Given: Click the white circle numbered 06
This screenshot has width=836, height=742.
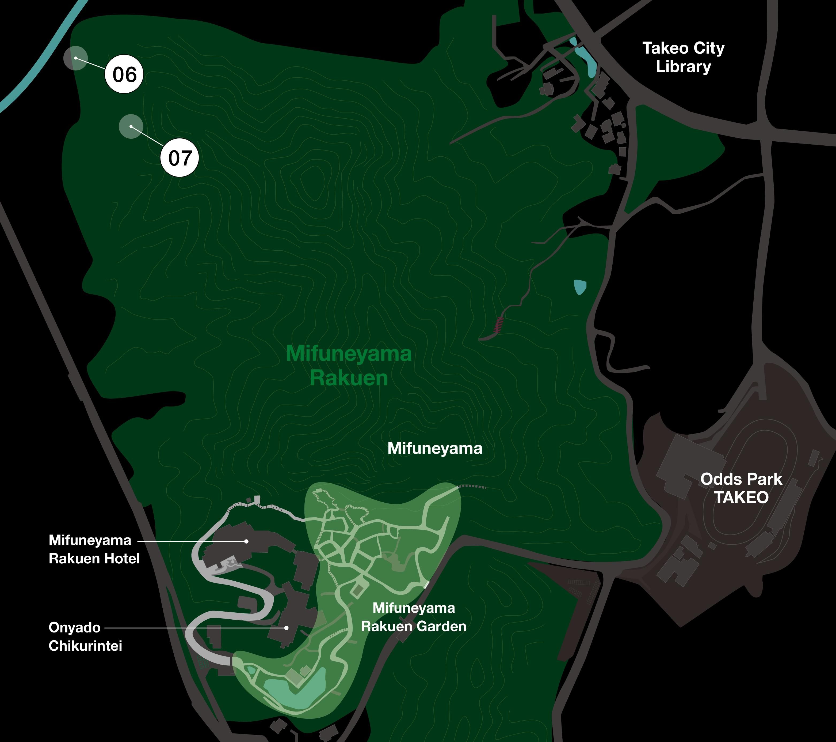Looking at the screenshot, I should (x=124, y=74).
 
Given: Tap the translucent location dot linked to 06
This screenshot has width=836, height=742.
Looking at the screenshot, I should (x=76, y=58).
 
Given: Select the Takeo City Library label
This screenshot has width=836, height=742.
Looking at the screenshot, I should (x=683, y=57).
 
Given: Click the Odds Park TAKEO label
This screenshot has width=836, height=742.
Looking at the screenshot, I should (x=741, y=488).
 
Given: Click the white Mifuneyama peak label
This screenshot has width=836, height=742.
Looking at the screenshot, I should (x=434, y=449).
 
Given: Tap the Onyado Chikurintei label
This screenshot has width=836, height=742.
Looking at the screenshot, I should (x=85, y=636).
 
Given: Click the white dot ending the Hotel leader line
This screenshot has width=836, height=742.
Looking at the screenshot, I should (x=246, y=541).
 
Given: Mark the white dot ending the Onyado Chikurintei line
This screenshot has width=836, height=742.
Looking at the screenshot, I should (x=287, y=627).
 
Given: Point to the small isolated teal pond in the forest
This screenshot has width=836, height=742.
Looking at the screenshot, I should (x=579, y=287).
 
